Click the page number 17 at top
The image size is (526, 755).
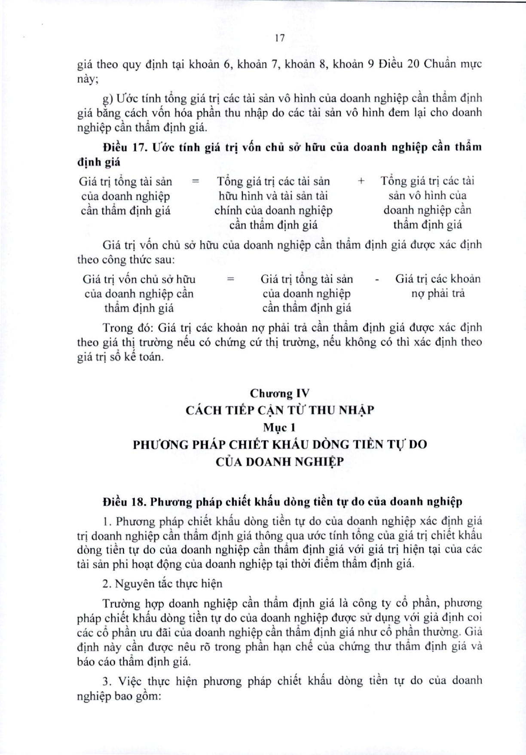(279, 38)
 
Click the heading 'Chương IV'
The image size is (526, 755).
(280, 393)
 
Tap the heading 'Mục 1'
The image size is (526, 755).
(280, 427)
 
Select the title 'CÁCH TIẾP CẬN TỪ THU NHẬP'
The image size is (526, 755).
(280, 410)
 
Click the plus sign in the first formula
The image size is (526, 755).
(361, 181)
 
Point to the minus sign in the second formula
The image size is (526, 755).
(377, 280)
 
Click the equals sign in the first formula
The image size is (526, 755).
(196, 181)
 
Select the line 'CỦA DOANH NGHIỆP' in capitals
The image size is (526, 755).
(280, 462)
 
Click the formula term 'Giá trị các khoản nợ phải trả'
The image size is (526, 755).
(437, 286)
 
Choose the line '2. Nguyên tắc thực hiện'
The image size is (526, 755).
(163, 584)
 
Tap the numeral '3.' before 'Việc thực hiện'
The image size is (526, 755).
(107, 681)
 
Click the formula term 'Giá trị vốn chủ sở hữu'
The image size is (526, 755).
(139, 280)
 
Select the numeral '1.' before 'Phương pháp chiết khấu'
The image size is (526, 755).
(107, 521)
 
